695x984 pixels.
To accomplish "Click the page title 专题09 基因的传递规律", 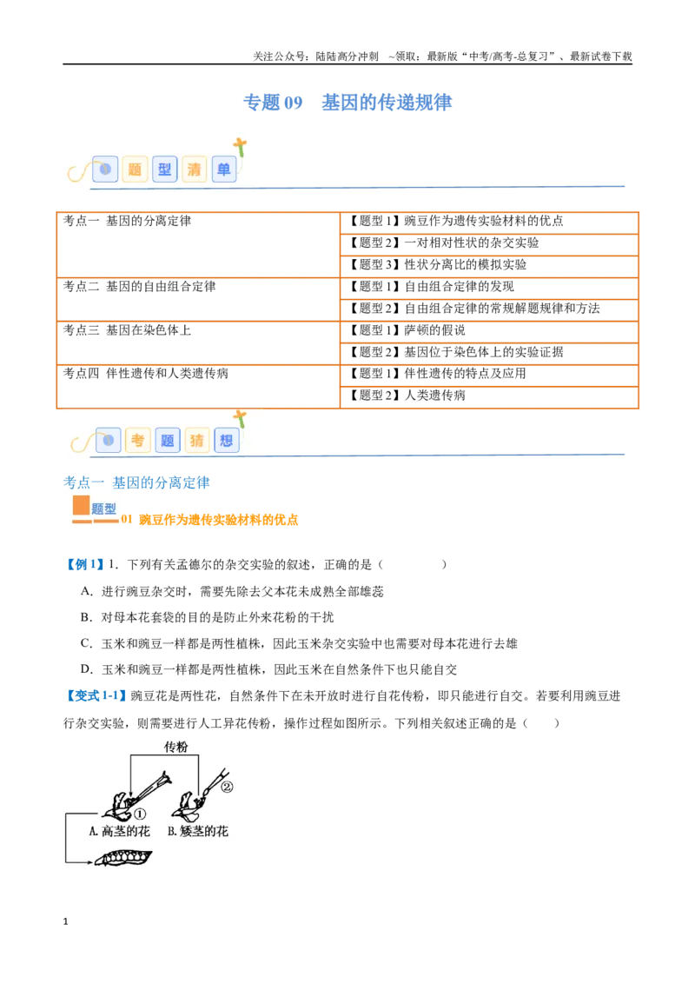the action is (x=347, y=103).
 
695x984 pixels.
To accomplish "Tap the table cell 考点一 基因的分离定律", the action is (x=198, y=245).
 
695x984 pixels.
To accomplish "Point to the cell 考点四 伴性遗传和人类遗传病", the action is (x=198, y=387).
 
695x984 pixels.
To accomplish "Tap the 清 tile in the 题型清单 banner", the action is (x=195, y=170).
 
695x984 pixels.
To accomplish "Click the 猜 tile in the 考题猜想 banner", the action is (x=196, y=441).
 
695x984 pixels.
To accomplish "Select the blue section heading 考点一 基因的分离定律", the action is (x=136, y=482).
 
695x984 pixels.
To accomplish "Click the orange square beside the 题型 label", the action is (x=81, y=506).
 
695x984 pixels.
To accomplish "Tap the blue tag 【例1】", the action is (x=84, y=565).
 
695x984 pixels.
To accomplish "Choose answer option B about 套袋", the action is (x=208, y=617).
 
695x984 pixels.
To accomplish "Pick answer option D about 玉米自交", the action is (x=269, y=669).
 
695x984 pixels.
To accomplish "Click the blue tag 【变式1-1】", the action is (x=96, y=696).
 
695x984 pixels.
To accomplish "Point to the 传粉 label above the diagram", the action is (x=175, y=747).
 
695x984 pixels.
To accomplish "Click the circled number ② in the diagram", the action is (x=227, y=787).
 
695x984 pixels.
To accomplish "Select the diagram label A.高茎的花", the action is (x=119, y=832).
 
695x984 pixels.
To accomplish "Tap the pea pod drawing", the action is (x=123, y=857).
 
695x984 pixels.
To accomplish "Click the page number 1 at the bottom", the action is (x=65, y=921).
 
